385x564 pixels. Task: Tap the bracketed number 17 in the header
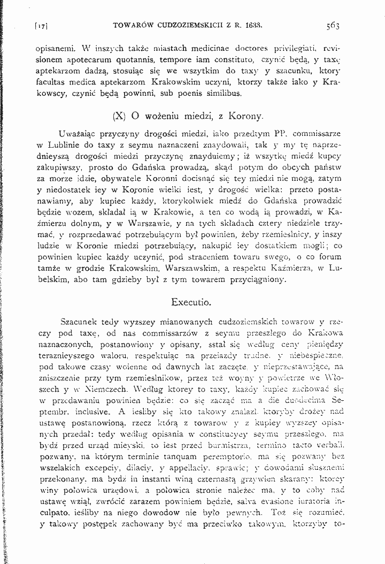click(41, 25)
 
